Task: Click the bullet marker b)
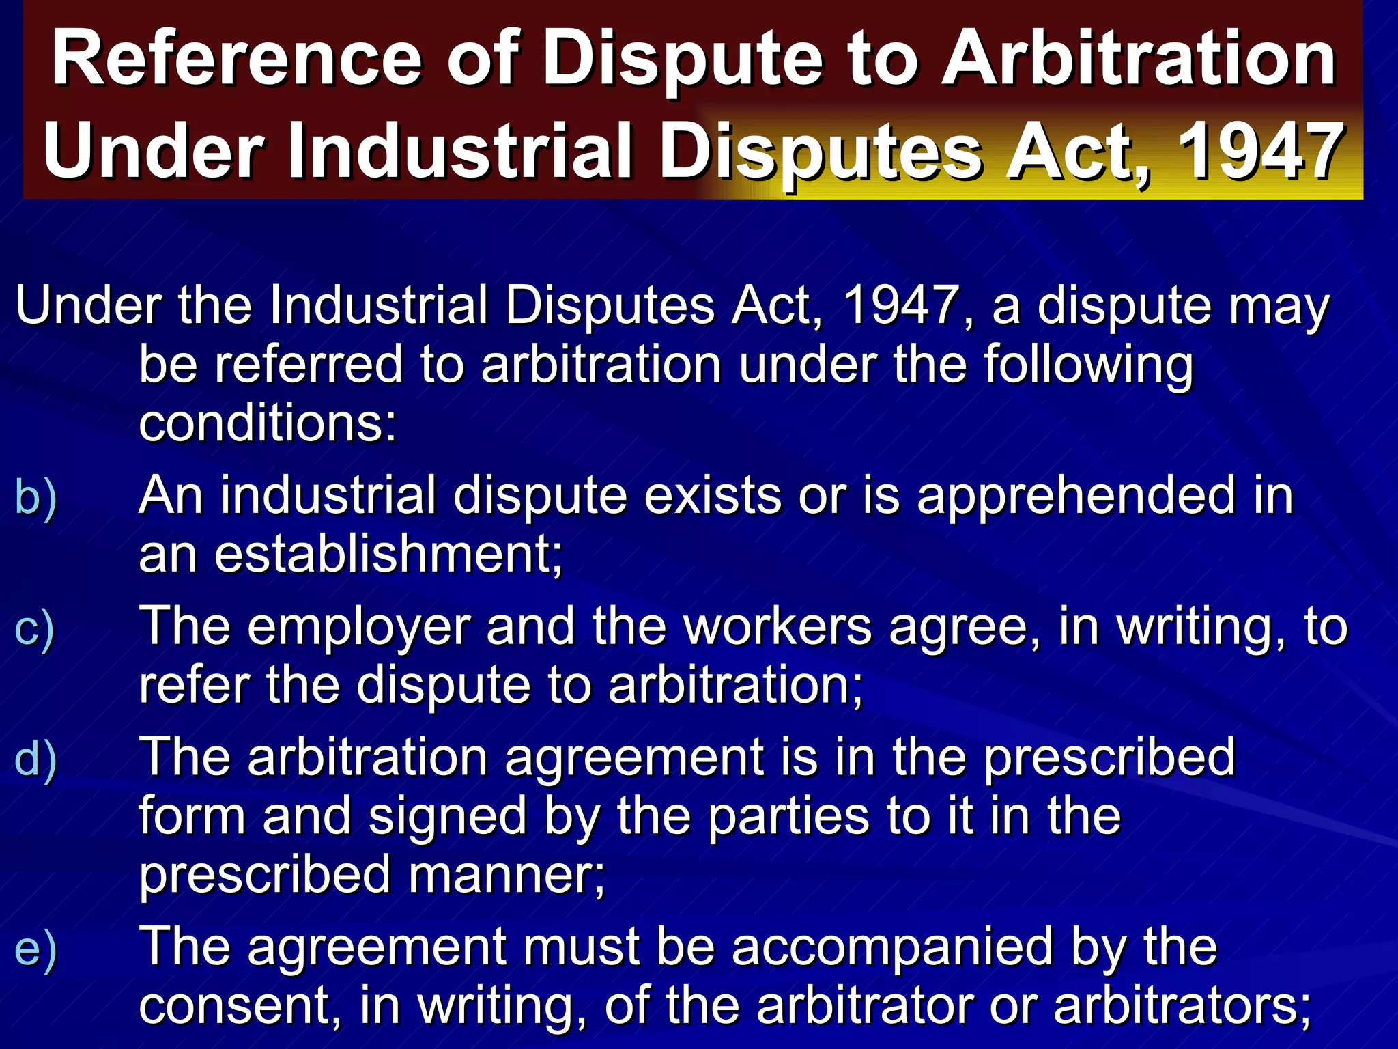[35, 497]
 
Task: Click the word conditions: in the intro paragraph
[268, 423]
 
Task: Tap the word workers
[778, 627]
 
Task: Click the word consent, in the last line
[240, 1006]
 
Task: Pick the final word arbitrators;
[1182, 1006]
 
